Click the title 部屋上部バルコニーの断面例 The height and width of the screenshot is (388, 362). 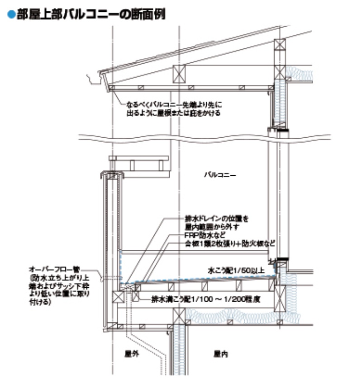click(90, 14)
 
